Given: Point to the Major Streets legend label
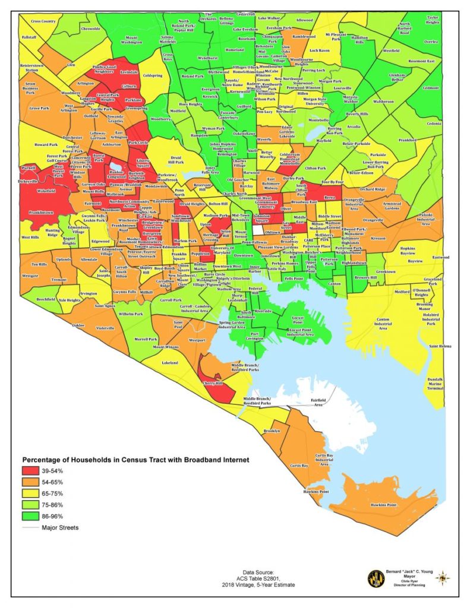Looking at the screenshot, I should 62,527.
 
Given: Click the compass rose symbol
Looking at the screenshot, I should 446,577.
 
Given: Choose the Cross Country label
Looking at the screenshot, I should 43,21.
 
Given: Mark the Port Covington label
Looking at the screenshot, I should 254,337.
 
